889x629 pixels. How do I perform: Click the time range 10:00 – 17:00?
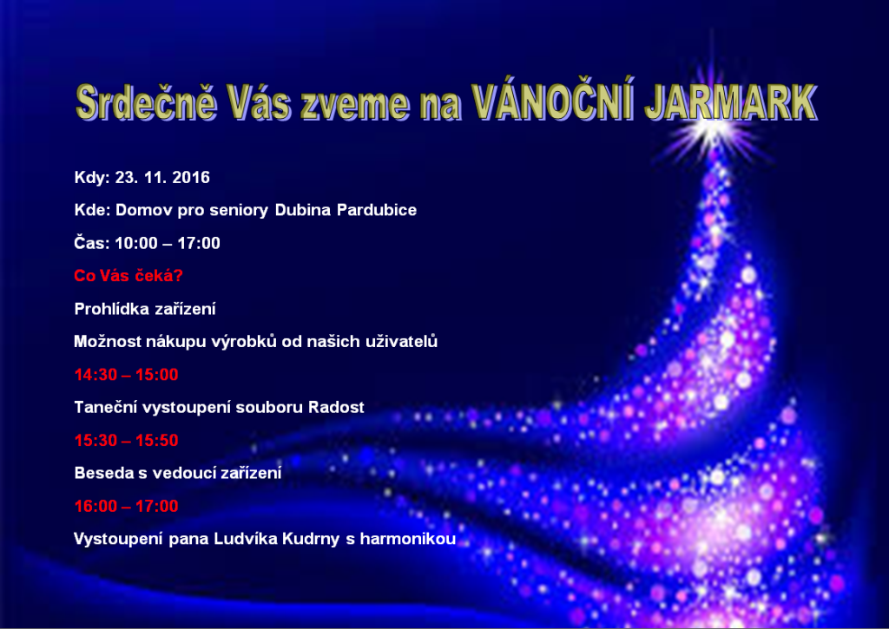pyautogui.click(x=168, y=244)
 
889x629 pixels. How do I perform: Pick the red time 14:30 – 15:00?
pyautogui.click(x=126, y=375)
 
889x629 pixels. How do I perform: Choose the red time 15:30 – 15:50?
pyautogui.click(x=126, y=441)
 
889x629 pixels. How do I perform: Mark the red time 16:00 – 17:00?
pyautogui.click(x=126, y=507)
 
